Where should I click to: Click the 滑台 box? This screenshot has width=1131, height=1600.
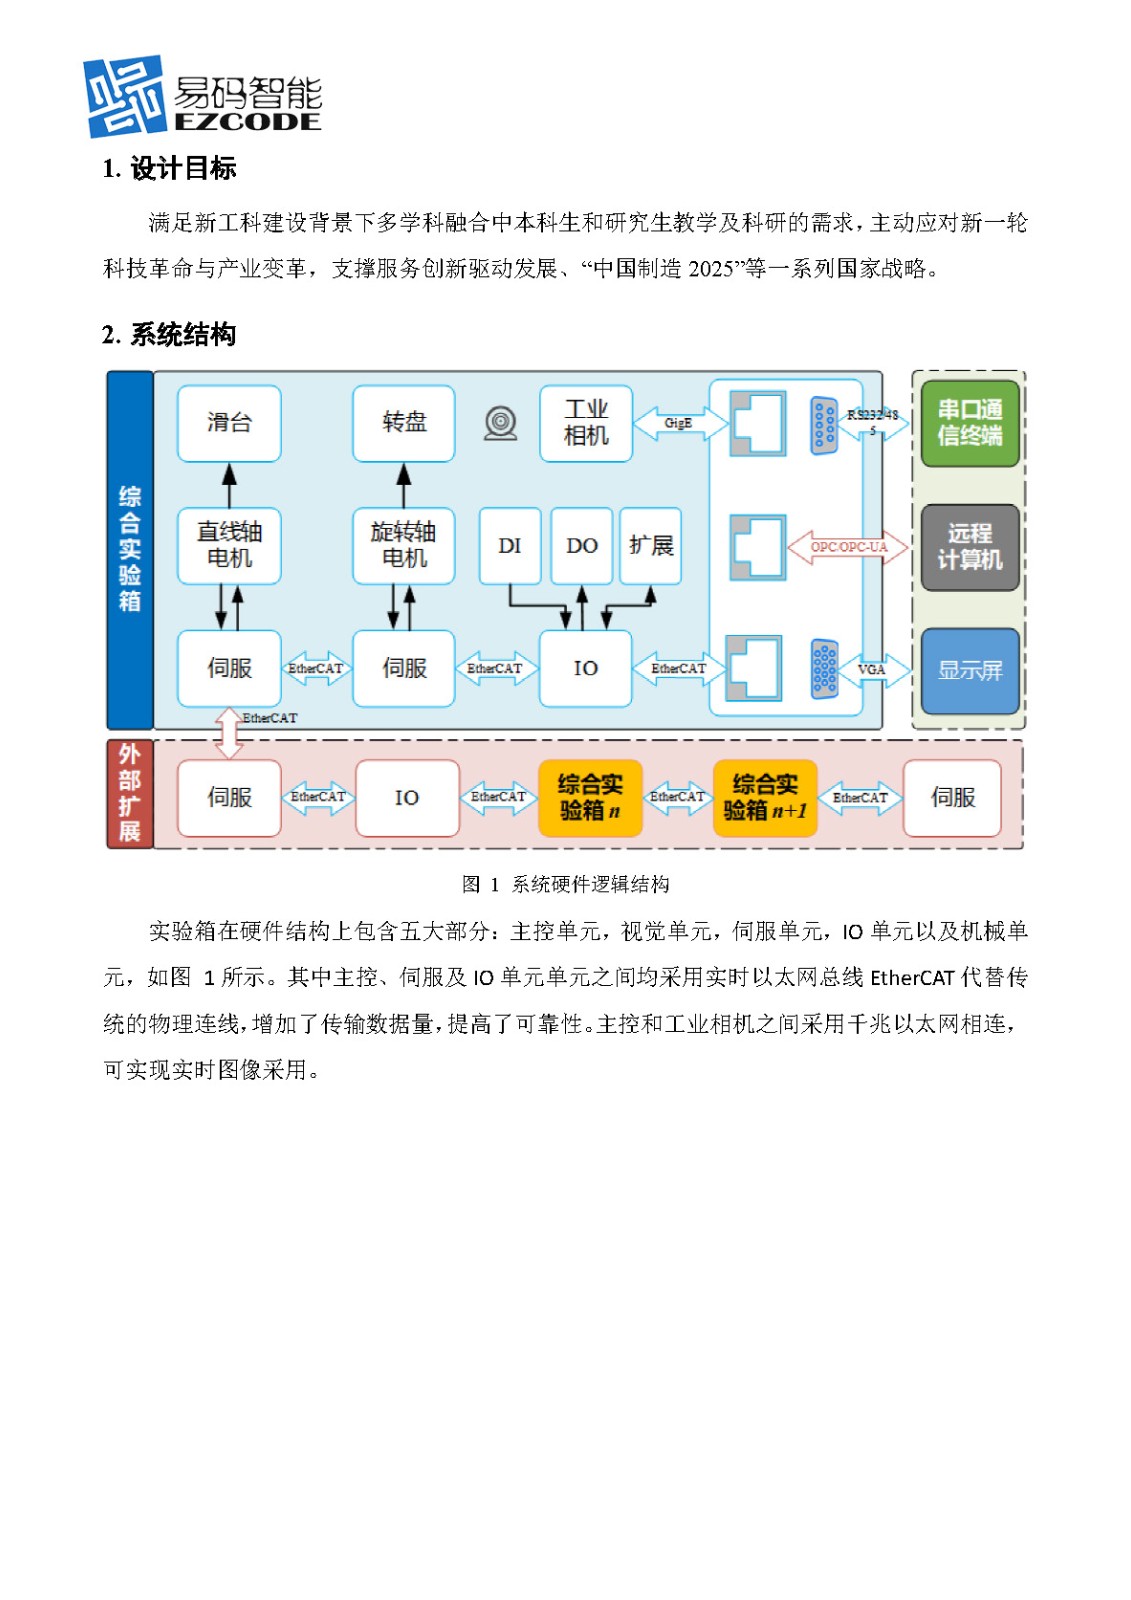coord(229,423)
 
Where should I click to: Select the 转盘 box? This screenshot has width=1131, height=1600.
coord(404,423)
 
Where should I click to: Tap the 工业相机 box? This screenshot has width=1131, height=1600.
coord(586,423)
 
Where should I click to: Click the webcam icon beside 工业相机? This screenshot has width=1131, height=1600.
coord(501,424)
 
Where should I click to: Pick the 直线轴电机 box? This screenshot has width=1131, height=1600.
coord(229,545)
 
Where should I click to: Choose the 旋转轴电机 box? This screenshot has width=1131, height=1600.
coord(404,545)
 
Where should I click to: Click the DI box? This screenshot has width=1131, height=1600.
coord(510,546)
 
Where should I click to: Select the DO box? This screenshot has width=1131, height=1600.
coord(582,546)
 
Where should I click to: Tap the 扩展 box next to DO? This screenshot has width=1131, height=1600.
coord(651,546)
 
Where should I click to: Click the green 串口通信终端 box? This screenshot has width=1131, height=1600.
coord(969,423)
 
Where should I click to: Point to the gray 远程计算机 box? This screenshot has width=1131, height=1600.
coord(969,547)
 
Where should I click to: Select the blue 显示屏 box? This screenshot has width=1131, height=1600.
coord(969,670)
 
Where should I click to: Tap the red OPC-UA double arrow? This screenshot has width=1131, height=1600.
coord(848,547)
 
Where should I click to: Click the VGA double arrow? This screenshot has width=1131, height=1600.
coord(872,670)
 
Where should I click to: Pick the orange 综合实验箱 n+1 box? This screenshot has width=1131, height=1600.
coord(765,798)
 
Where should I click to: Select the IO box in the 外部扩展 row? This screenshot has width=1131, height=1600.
coord(407,798)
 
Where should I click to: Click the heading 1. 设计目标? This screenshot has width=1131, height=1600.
coord(169,169)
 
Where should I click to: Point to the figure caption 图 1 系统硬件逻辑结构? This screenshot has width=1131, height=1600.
coord(565,884)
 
